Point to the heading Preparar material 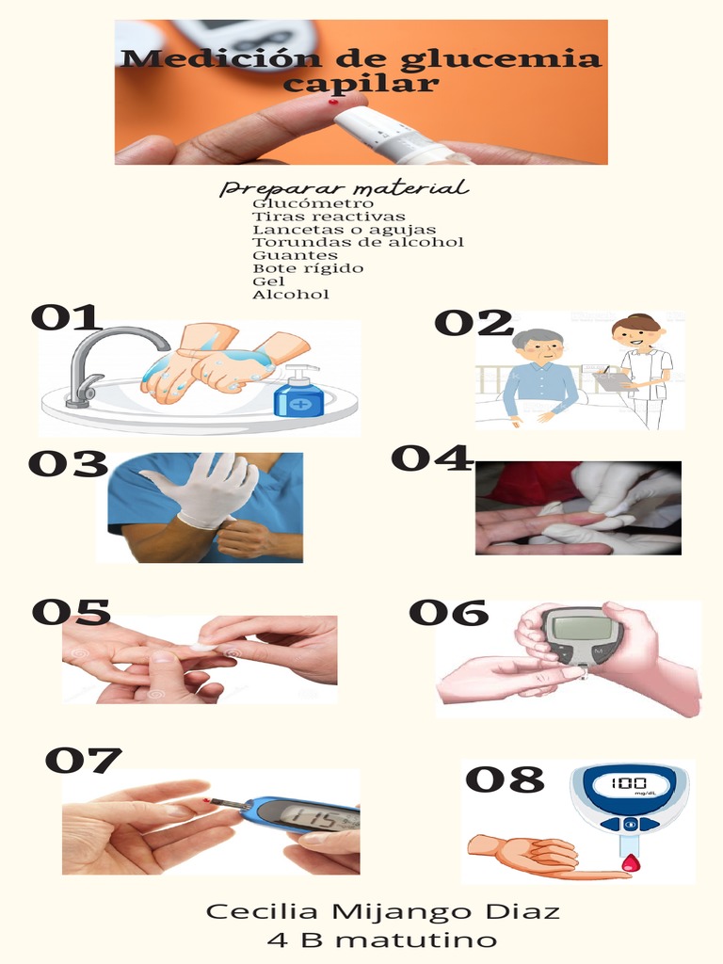[344, 188]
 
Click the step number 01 [65, 317]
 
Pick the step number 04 [431, 458]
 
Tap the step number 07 [83, 760]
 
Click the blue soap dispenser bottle [299, 393]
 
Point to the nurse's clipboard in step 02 [609, 380]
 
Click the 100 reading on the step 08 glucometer [627, 783]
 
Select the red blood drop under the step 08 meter [630, 862]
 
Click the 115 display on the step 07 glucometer [309, 815]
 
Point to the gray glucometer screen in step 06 [581, 624]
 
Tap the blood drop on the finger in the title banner [333, 101]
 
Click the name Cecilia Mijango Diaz [382, 911]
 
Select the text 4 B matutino [382, 940]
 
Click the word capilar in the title [361, 84]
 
